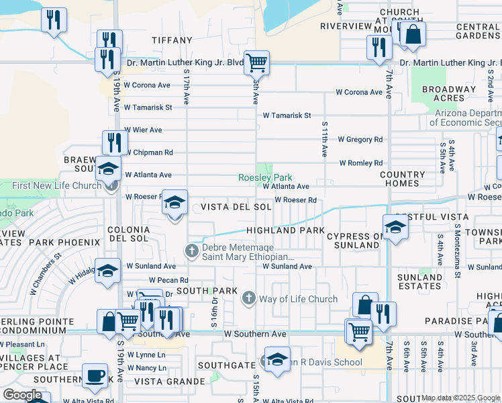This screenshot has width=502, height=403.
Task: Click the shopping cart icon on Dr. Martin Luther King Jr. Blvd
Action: point(256,62)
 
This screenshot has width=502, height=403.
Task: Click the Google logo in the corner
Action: point(22,395)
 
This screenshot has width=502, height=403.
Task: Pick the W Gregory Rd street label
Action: point(360,140)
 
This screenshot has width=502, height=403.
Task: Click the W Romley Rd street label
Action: point(360,163)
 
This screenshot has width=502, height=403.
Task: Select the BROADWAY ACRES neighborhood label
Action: point(448,93)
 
